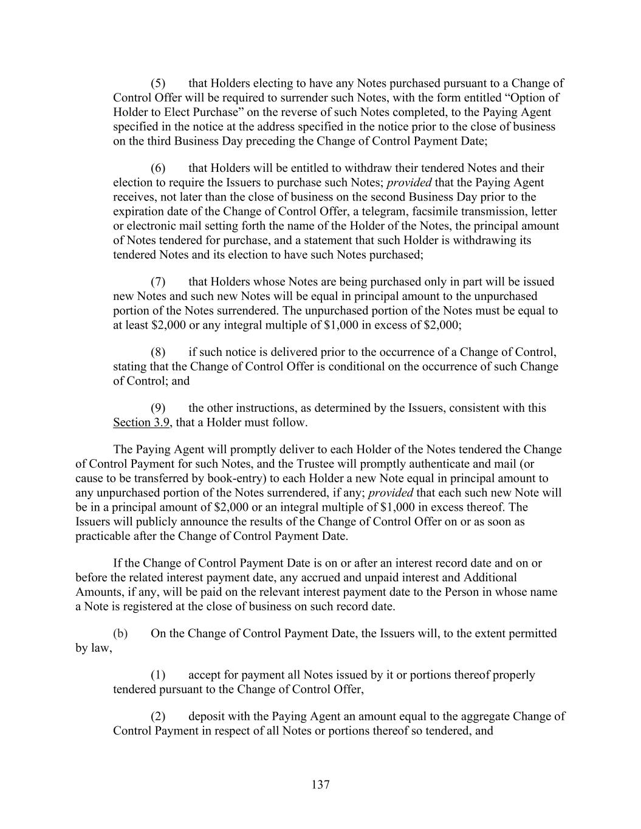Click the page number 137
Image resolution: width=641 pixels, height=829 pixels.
(320, 785)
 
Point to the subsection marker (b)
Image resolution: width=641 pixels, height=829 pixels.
(120, 633)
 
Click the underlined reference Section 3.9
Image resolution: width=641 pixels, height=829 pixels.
(141, 423)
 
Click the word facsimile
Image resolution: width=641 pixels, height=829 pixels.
(479, 211)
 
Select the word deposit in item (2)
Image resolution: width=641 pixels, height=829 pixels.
(208, 716)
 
